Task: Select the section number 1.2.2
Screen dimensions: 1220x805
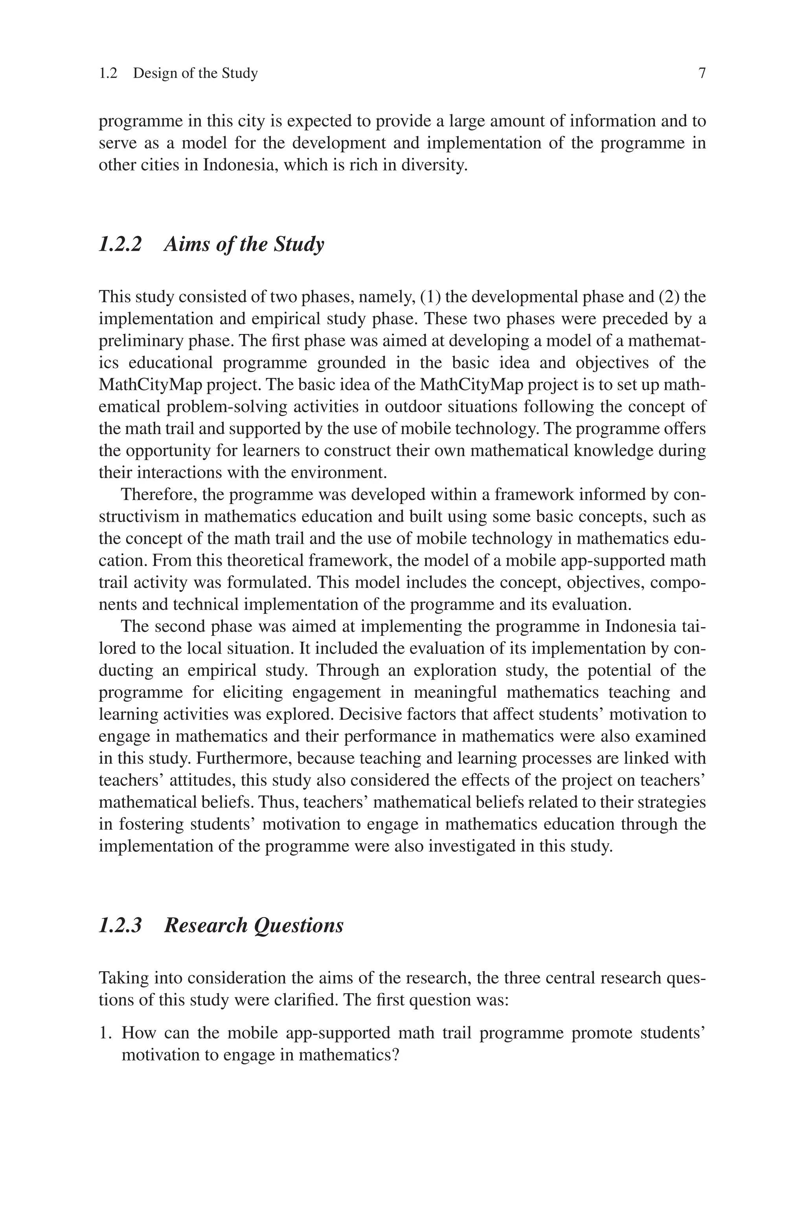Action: click(x=119, y=244)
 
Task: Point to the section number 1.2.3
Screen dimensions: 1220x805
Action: click(x=119, y=925)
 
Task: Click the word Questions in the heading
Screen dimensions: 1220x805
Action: click(x=299, y=925)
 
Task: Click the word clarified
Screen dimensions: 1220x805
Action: click(x=318, y=1000)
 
